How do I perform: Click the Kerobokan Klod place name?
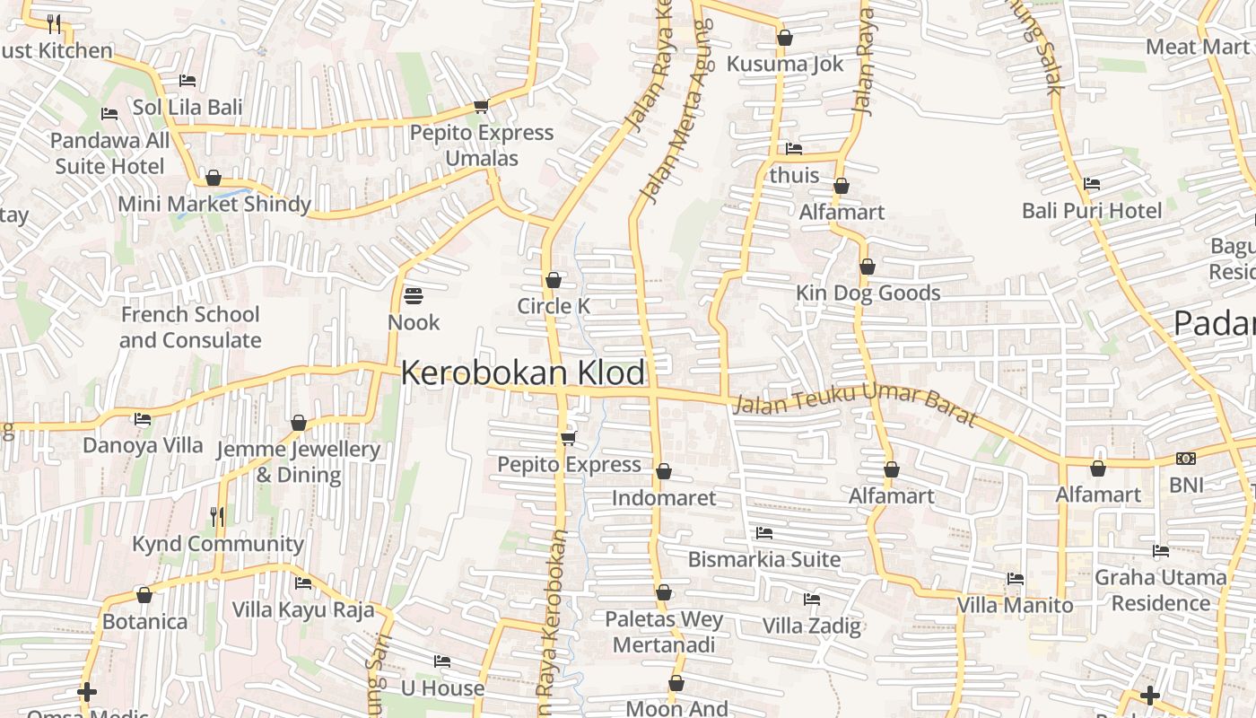pyautogui.click(x=523, y=372)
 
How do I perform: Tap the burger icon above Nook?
pyautogui.click(x=414, y=294)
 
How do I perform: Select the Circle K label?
pyautogui.click(x=554, y=306)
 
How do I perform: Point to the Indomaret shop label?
pyautogui.click(x=664, y=497)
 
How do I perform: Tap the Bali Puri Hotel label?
pyautogui.click(x=1092, y=210)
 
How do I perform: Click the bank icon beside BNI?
pyautogui.click(x=1186, y=459)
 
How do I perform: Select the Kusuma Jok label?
pyautogui.click(x=785, y=64)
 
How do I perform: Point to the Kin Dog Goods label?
pyautogui.click(x=868, y=293)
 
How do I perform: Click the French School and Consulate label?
pyautogui.click(x=190, y=328)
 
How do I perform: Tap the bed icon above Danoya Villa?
pyautogui.click(x=143, y=418)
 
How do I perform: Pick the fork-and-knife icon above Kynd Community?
pyautogui.click(x=217, y=516)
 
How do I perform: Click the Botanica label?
pyautogui.click(x=144, y=621)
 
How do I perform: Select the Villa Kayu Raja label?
pyautogui.click(x=303, y=609)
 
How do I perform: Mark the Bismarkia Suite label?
pyautogui.click(x=764, y=559)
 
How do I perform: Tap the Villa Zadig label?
pyautogui.click(x=812, y=625)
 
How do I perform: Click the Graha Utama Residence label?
pyautogui.click(x=1161, y=590)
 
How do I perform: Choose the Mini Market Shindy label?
pyautogui.click(x=214, y=204)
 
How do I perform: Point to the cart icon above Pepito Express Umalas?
pyautogui.click(x=481, y=107)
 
